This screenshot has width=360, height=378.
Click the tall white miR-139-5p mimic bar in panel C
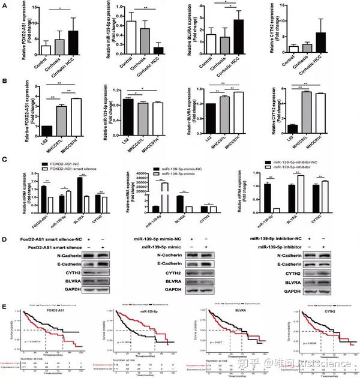[x=164, y=195]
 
